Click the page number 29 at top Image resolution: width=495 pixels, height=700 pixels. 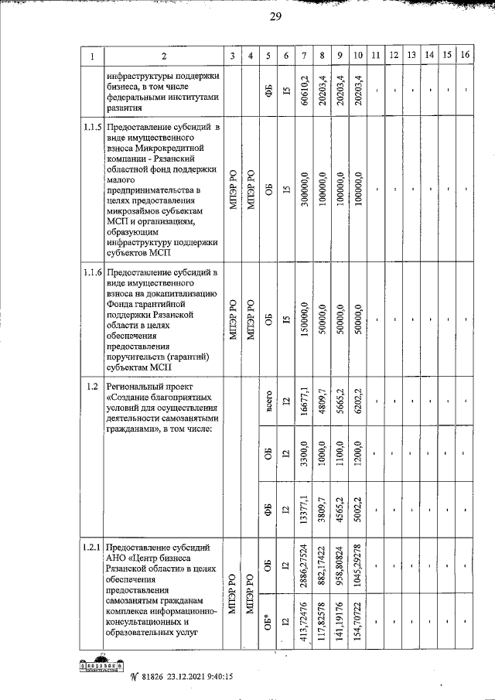point(275,19)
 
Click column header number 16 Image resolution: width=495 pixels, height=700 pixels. point(465,56)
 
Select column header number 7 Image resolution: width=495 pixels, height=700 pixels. point(306,56)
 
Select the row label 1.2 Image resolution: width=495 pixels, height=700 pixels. point(92,386)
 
